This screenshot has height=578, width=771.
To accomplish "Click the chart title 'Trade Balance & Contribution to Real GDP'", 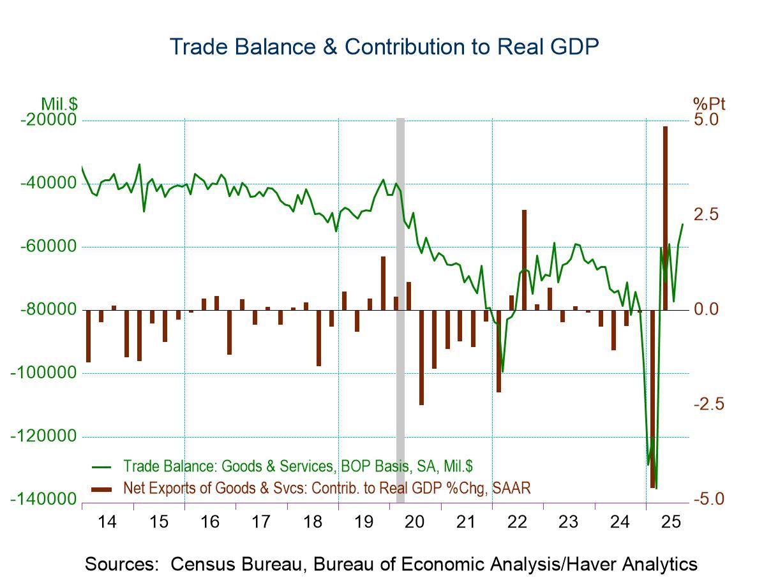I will [384, 47].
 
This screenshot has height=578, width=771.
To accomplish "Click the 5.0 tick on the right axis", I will [706, 120].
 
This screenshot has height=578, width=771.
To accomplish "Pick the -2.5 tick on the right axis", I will [708, 404].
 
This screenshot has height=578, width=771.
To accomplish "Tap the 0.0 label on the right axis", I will [706, 309].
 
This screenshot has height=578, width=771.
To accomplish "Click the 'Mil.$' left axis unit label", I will [59, 104].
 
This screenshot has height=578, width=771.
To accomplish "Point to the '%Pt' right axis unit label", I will [709, 104].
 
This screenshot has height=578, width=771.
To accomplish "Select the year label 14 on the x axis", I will [107, 522].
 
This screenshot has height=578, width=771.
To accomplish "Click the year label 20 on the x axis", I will [415, 522].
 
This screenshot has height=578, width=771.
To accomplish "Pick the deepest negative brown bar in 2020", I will [421, 357].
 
